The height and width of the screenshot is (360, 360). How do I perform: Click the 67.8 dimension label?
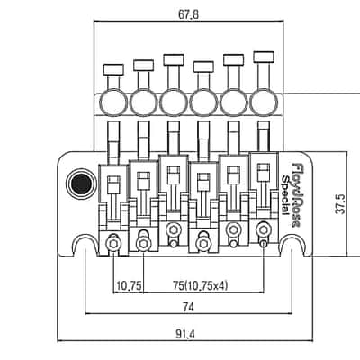coord(189,14)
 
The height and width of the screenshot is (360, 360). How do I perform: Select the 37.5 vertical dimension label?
coord(340,204)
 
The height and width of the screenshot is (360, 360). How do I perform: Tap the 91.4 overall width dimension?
coord(186,333)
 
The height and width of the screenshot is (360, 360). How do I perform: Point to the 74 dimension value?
coord(189,307)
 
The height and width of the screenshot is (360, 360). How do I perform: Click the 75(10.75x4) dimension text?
coord(201,285)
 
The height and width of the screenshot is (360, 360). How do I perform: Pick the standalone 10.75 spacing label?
coord(129,285)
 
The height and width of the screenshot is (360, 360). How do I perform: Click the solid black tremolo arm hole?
coord(82,184)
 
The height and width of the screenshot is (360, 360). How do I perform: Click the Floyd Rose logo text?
coord(296,195)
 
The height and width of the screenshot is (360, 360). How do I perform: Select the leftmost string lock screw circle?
coord(113,103)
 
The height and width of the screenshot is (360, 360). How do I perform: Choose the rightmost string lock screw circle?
coord(264,103)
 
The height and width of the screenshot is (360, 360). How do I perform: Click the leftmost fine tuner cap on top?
coord(113,69)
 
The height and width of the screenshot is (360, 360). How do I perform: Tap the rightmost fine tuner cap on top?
coord(264,57)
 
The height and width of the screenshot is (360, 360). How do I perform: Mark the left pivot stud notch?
coord(85,244)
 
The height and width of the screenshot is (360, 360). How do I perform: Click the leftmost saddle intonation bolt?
coord(113,244)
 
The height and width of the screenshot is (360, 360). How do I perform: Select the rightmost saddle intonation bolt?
coord(264,230)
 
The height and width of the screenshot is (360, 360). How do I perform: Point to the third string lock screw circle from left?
coord(174,103)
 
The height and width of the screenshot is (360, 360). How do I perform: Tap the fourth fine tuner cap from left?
coord(203,67)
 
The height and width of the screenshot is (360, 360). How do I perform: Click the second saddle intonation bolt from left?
coord(143,244)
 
